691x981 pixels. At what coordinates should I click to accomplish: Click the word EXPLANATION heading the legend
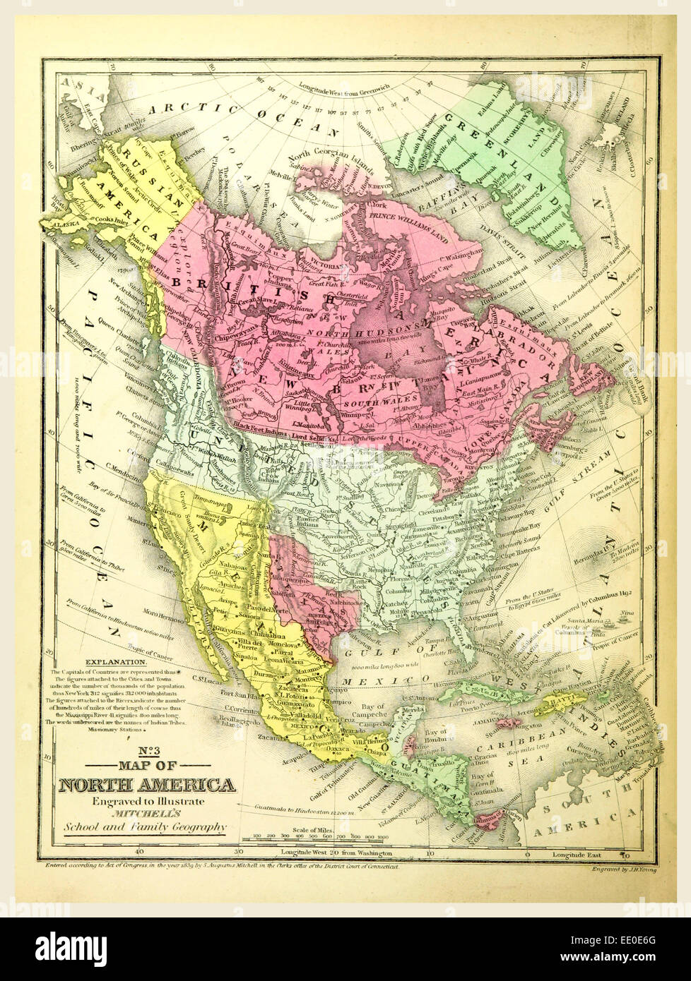pos(115,662)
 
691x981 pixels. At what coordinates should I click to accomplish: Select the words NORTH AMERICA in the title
pos(146,785)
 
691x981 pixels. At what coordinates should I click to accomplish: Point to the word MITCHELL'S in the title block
pos(146,814)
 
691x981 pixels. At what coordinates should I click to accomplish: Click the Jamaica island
pos(509,721)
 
